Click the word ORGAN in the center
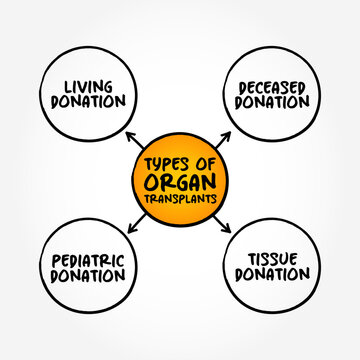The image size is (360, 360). tap(180, 181)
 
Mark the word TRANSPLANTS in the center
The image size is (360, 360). tap(180, 198)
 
